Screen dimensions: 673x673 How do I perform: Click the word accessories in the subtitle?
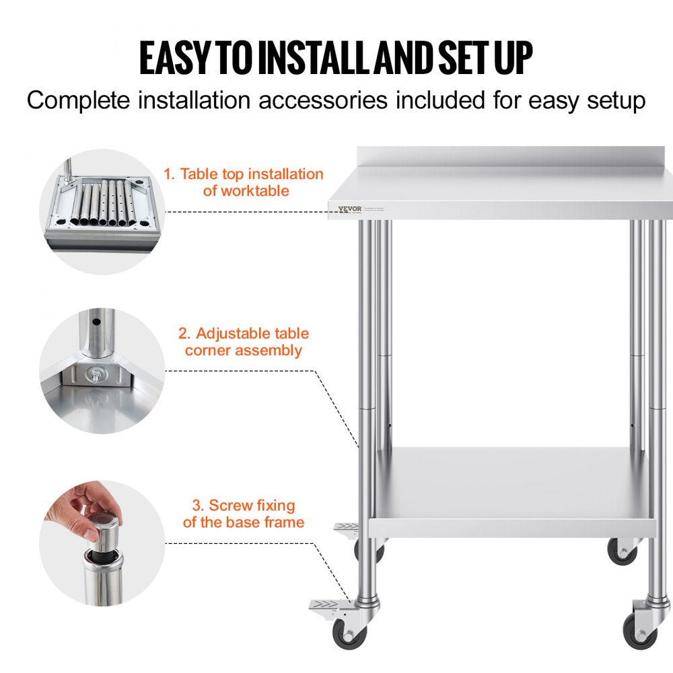point(325,101)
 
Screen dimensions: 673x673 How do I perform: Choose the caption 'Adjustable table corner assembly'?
point(243,342)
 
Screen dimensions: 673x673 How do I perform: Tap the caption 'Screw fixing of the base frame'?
point(243,513)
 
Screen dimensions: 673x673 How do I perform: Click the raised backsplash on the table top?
point(515,156)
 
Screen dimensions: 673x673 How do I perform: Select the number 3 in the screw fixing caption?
point(197,505)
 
